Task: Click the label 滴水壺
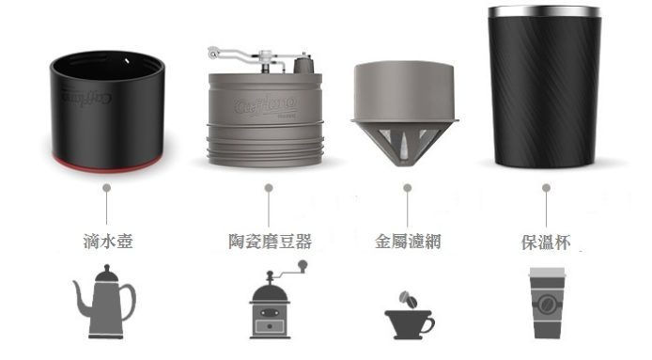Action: pos(108,242)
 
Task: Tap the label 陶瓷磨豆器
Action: pos(270,242)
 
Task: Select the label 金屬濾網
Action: pos(408,242)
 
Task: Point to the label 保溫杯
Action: pos(546,242)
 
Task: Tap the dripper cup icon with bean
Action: pos(409,314)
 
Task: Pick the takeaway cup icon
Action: pos(546,304)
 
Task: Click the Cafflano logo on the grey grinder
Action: pos(267,104)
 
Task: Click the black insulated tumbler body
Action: pos(546,94)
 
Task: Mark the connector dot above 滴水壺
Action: pos(108,189)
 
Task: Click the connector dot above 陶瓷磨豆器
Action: pos(270,189)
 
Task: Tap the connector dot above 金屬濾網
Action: pos(407,189)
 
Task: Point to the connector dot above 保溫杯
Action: pos(546,189)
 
